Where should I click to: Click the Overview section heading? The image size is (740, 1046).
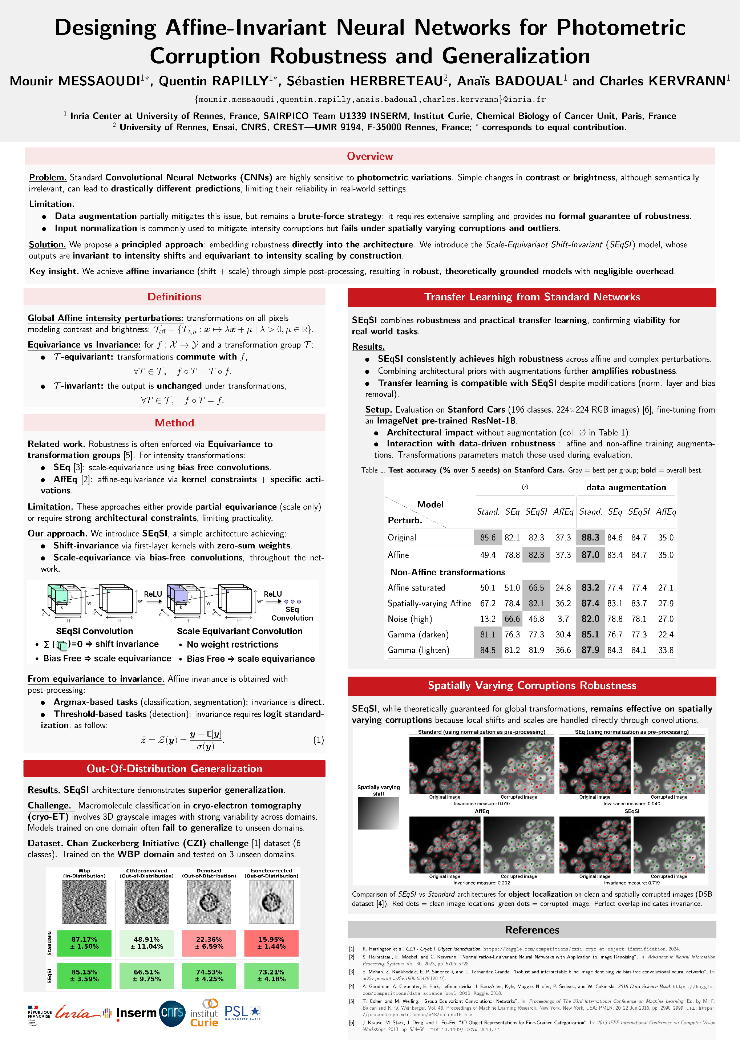[x=369, y=156]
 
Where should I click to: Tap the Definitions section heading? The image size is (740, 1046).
[x=174, y=297]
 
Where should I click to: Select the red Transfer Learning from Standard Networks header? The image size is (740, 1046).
[x=532, y=297]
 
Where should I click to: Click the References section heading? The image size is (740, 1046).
[x=532, y=930]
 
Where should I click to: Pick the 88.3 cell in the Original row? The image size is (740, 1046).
[x=590, y=538]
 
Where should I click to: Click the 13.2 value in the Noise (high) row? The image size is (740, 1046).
[x=488, y=619]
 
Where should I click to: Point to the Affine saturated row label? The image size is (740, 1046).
[x=416, y=588]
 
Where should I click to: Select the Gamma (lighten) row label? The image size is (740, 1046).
[x=418, y=650]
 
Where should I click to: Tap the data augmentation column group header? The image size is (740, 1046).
[x=626, y=487]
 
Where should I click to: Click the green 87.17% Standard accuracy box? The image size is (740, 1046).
[x=84, y=942]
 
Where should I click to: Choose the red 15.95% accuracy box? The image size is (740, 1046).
[x=271, y=942]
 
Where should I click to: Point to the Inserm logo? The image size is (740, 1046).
[x=136, y=1013]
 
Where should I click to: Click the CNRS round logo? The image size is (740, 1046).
[x=172, y=1013]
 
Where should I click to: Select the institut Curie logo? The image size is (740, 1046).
[x=205, y=1013]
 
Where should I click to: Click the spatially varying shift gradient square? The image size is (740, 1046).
[x=378, y=813]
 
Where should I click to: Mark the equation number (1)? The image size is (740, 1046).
[x=319, y=740]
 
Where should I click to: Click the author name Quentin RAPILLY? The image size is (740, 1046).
[x=213, y=81]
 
